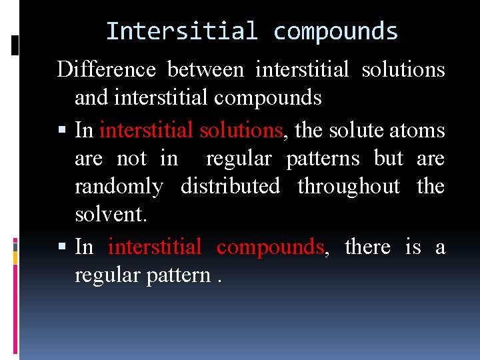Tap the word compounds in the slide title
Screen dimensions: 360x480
point(335,31)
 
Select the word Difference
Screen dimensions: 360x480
point(106,69)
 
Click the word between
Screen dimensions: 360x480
point(205,69)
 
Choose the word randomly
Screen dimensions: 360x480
point(119,187)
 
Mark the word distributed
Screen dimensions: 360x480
point(230,187)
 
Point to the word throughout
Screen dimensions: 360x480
point(349,187)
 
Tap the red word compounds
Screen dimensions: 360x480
point(270,247)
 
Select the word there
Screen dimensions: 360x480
point(367,247)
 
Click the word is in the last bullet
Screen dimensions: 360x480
point(413,247)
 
